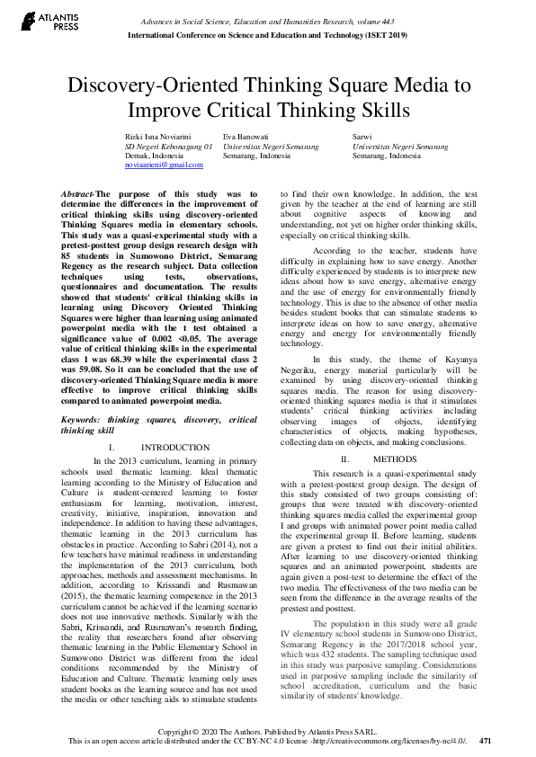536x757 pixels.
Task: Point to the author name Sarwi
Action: coord(362,135)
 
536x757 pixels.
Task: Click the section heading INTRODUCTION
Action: coord(176,447)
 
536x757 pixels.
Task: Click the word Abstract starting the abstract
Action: coord(76,193)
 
